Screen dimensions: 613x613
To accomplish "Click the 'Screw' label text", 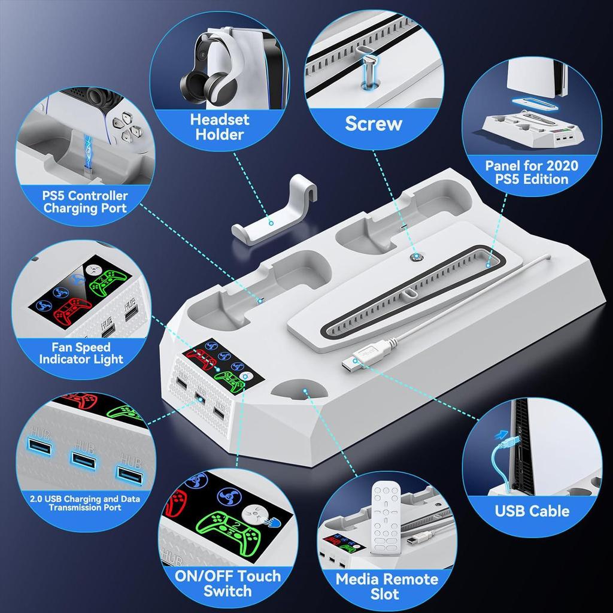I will (374, 124).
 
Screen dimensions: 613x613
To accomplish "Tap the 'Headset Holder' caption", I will (220, 126).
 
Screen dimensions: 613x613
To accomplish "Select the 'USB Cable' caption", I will (532, 511).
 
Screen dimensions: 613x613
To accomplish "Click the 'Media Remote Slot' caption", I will (386, 587).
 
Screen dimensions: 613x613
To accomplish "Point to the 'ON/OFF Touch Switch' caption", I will (227, 584).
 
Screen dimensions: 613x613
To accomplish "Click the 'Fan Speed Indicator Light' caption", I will (81, 353).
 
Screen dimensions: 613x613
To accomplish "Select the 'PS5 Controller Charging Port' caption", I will (85, 202).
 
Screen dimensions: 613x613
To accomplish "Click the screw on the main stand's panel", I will (414, 256).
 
